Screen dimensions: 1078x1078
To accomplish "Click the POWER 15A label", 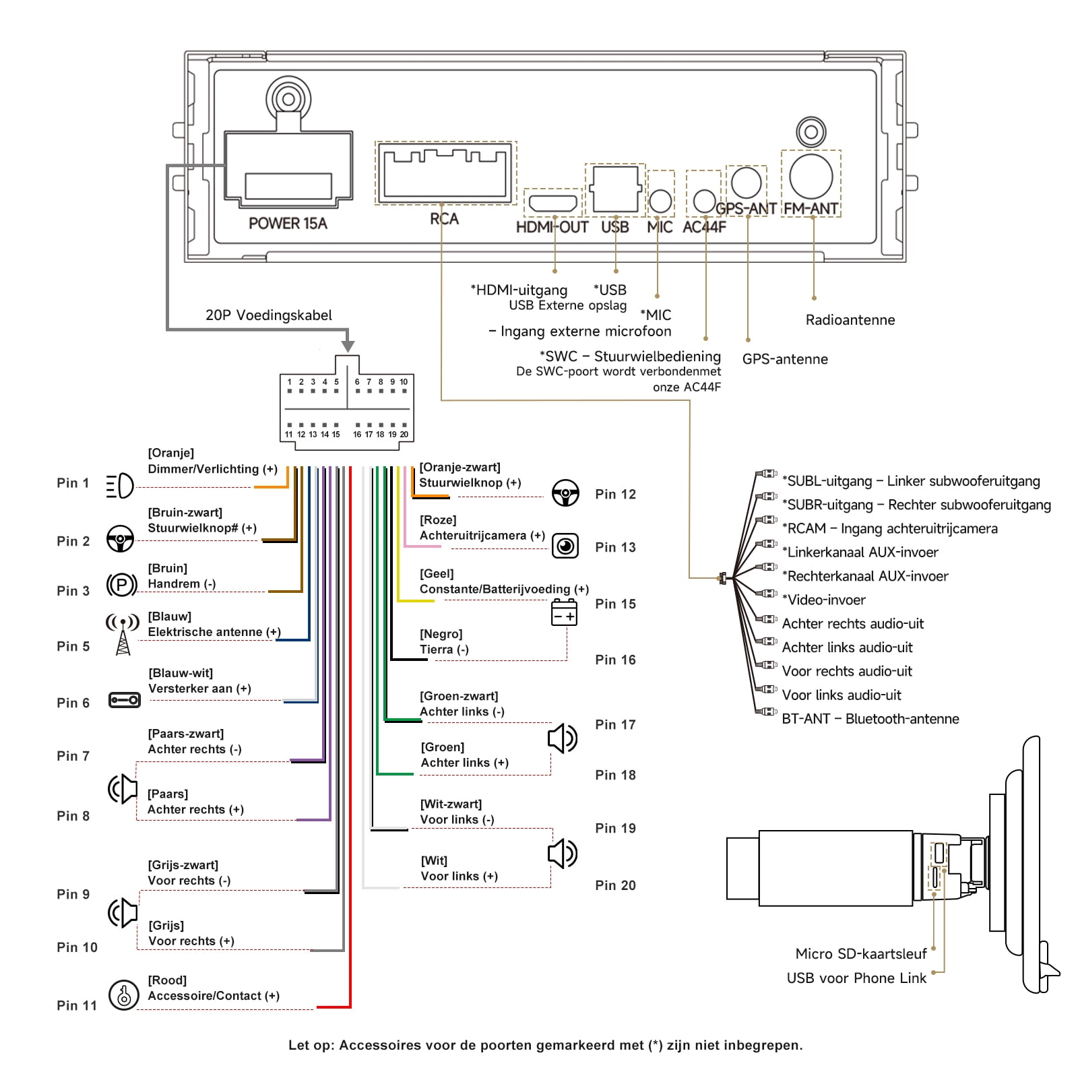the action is click(x=288, y=224).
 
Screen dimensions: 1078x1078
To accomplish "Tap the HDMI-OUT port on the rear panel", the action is click(x=552, y=203).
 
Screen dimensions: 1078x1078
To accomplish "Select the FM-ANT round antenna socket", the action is click(x=811, y=177).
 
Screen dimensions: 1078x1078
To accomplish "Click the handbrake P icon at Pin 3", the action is click(x=122, y=585).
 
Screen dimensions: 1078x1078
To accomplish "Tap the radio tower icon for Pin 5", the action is click(x=123, y=634).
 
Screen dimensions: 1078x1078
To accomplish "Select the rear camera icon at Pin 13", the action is click(x=565, y=546).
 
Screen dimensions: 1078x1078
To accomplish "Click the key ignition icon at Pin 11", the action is click(x=124, y=994).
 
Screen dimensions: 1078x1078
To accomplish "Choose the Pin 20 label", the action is click(x=615, y=885).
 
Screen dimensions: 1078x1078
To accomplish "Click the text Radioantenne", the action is click(x=850, y=320).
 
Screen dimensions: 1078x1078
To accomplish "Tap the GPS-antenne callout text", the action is click(x=785, y=359).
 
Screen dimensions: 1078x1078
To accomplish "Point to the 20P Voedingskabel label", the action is click(x=269, y=315).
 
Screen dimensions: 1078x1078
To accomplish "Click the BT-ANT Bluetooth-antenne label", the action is click(x=870, y=719).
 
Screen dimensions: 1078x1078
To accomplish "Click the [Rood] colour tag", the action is click(x=167, y=980).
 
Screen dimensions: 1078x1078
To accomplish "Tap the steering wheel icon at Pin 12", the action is click(x=565, y=493).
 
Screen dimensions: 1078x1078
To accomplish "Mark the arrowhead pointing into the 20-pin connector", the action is click(x=348, y=346).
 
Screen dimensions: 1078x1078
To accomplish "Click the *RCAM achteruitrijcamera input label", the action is click(x=889, y=529).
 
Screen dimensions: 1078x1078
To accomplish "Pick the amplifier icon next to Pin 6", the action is click(x=124, y=700).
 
